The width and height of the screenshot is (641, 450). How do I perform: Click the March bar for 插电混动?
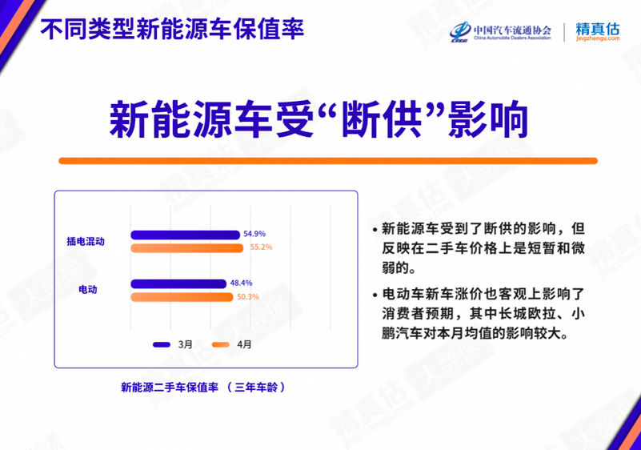pos(185,235)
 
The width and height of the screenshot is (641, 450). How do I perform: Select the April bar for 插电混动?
pos(186,248)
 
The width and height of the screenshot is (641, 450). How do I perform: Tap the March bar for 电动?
pos(178,283)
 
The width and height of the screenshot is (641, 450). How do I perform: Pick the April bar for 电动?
pos(182,297)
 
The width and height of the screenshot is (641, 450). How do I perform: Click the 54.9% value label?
pos(254,234)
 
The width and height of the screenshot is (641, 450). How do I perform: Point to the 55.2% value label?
pos(261,247)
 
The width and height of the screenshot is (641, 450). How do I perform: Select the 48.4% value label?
pos(241,283)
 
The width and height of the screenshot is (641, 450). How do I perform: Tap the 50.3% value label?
pos(248,296)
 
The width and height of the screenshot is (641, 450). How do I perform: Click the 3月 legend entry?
pos(173,344)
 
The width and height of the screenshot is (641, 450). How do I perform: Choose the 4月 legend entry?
pos(232,344)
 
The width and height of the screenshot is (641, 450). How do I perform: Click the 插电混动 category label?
pos(86,241)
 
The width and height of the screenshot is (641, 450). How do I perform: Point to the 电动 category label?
pos(88,290)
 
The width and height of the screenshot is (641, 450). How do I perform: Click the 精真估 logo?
pos(598,31)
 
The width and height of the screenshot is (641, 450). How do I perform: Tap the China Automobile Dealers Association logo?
pos(500,32)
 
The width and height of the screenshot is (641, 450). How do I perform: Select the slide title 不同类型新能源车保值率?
pos(172,29)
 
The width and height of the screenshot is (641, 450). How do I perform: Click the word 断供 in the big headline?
pos(382,120)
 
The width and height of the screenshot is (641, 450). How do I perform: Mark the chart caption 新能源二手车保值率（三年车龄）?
pos(203,387)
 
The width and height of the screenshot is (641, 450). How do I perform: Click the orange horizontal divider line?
pos(328,161)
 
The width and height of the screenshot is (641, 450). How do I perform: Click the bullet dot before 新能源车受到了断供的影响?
pos(375,230)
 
